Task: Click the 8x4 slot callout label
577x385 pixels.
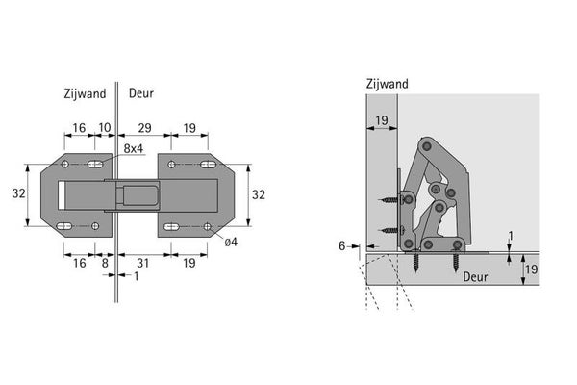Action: [134, 148]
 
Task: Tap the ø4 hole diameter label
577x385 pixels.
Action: [231, 242]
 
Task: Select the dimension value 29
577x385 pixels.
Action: [144, 128]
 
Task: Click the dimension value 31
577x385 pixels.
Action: [142, 263]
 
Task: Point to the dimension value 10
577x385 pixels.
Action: [105, 127]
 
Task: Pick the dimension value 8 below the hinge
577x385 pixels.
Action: [105, 263]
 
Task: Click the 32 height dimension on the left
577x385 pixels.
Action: [19, 193]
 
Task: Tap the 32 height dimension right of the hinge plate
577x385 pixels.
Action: [259, 194]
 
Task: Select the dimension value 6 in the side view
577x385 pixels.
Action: [341, 245]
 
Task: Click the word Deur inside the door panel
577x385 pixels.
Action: [475, 276]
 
